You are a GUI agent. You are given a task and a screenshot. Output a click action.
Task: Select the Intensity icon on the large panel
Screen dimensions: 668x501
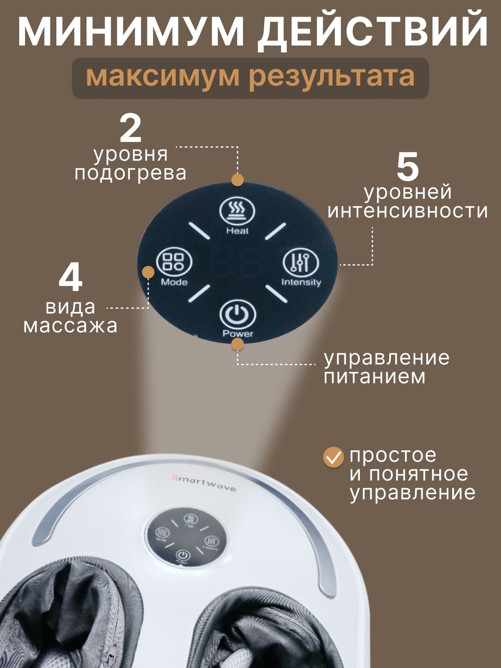301,262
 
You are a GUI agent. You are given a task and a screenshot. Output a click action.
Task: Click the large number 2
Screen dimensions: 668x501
131,129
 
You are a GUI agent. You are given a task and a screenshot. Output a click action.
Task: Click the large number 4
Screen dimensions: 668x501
71,278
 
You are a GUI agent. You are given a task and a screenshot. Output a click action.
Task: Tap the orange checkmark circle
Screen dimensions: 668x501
334,457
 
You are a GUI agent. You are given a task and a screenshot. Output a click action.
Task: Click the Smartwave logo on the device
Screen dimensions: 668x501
204,483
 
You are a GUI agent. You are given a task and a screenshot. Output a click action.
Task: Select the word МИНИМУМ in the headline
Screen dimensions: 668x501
131,31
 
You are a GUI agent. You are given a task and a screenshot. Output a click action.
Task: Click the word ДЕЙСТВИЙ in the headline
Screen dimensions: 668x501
372,31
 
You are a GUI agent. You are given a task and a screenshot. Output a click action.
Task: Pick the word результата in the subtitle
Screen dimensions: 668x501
332,77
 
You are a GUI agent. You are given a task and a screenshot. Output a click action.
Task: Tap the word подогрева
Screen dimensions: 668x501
130,173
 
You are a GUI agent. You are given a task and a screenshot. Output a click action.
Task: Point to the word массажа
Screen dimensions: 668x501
71,326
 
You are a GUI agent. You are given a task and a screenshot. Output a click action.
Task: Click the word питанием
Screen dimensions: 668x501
374,377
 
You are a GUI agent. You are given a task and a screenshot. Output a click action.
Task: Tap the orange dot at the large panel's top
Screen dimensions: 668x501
238,180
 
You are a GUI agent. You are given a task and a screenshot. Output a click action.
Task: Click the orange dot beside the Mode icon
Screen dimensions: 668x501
148,272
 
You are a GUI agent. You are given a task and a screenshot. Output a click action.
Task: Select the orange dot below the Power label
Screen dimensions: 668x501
238,344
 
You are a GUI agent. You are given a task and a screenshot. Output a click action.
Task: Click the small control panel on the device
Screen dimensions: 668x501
186,537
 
